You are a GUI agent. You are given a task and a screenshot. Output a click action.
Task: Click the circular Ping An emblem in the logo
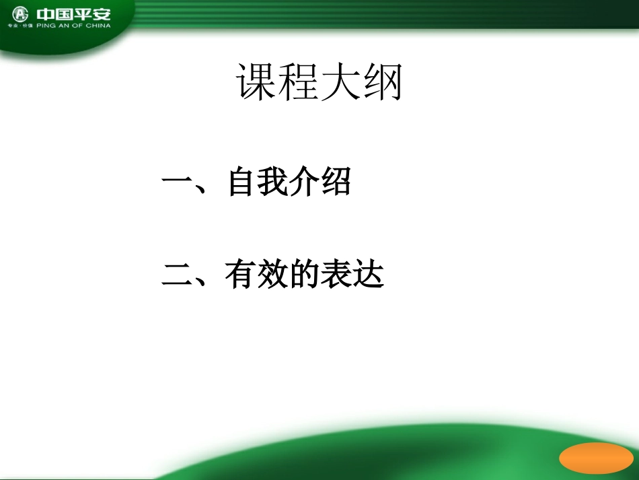pos(22,14)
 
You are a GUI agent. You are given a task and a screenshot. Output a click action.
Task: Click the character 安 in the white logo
pos(100,13)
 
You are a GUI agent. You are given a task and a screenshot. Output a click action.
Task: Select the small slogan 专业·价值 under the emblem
pos(20,26)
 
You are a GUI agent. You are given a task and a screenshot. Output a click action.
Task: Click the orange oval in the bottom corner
pos(596,458)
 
